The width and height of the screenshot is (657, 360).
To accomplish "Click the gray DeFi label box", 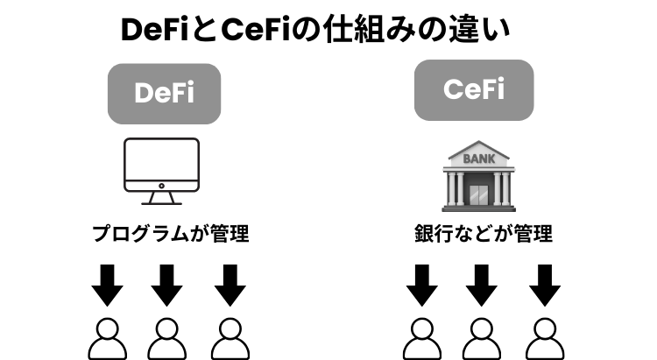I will coord(164,94).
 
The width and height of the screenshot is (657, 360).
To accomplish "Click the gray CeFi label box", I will coord(474,89).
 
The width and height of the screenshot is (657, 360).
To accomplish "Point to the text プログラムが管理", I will coord(170,234).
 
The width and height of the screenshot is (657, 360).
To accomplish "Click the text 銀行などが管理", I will coord(483,234).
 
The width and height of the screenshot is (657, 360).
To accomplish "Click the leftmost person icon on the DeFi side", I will coord(107,337).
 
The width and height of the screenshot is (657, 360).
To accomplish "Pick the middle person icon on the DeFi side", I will coord(167,337).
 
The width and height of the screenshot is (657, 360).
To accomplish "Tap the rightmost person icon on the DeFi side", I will coord(229,337).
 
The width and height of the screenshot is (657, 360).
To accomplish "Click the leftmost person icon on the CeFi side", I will coord(421,337).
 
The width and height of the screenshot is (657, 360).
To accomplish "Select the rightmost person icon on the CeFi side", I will coord(544,337).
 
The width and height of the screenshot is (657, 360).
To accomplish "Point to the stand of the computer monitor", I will coord(161,195).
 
